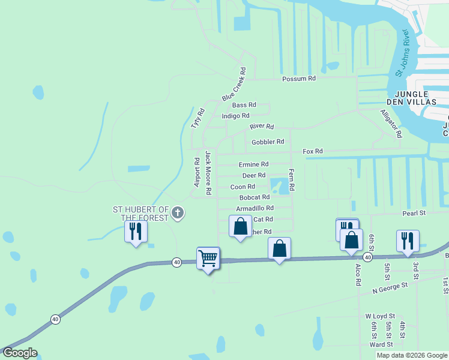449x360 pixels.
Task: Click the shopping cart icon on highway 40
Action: pos(208,259)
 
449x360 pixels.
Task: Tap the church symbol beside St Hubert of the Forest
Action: pos(178,212)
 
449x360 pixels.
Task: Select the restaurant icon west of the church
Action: pos(136,231)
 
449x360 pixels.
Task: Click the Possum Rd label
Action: pos(299,79)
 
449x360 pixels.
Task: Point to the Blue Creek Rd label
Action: pos(234,88)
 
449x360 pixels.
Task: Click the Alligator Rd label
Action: pos(390,124)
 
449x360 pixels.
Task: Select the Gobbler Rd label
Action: pos(268,142)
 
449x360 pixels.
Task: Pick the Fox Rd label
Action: pos(313,152)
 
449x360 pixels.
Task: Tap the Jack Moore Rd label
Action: pos(208,173)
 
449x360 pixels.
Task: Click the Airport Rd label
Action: pos(196,172)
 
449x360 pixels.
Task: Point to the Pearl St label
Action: pos(413,213)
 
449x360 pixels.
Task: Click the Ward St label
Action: pos(381,344)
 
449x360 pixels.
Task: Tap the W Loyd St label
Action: pos(380,316)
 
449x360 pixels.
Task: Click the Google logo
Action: pos(19,353)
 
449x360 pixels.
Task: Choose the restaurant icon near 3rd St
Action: pos(408,241)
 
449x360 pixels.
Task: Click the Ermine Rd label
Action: pos(253,164)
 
